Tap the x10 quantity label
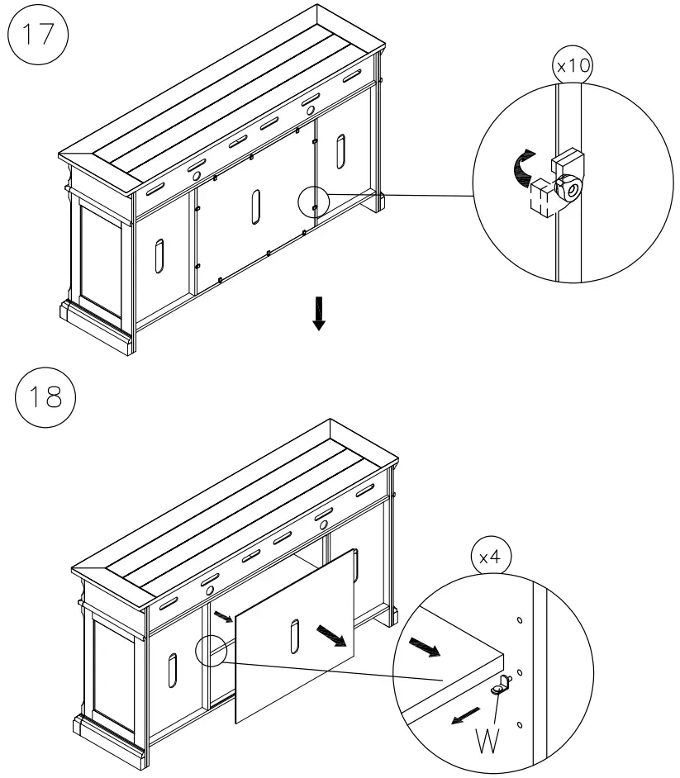click(573, 66)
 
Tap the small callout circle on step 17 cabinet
click(313, 200)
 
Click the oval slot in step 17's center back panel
click(256, 206)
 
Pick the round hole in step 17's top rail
click(197, 176)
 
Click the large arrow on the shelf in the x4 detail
click(428, 646)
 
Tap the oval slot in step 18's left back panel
click(172, 670)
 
